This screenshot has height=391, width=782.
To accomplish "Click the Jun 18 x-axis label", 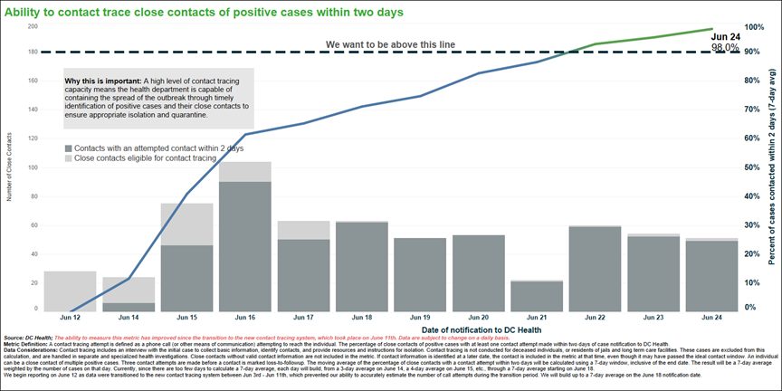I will tap(361, 319).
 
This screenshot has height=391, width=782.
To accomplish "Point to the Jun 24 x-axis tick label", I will tap(711, 319).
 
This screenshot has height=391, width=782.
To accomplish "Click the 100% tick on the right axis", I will tap(755, 27).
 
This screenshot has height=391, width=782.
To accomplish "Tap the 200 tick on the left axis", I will tap(33, 26).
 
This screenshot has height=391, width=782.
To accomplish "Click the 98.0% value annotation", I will tap(725, 46).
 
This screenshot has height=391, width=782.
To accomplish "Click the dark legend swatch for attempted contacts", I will tap(69, 147).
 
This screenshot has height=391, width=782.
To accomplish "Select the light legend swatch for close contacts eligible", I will tap(69, 158).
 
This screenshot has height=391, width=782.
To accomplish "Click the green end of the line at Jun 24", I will tap(711, 29).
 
